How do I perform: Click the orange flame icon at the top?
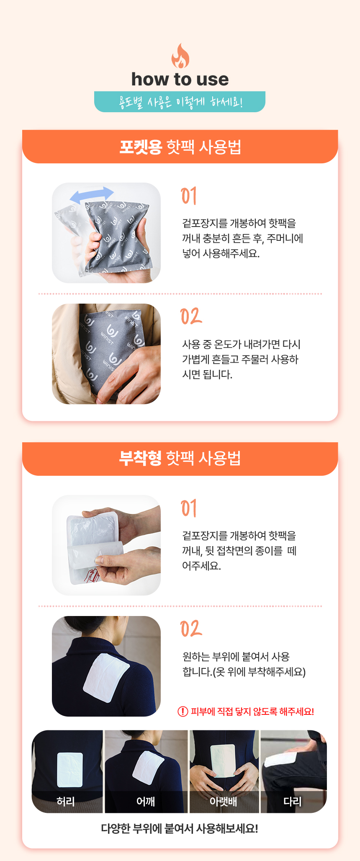[x=180, y=56]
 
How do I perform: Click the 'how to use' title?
[x=180, y=79]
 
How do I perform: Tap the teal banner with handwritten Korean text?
[x=180, y=102]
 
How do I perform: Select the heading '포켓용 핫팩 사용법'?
[x=180, y=147]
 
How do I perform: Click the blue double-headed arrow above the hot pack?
[x=92, y=194]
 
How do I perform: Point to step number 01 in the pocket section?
[x=189, y=196]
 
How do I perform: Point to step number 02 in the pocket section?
[x=191, y=317]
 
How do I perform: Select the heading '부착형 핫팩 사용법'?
[x=180, y=458]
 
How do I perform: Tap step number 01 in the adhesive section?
[x=189, y=508]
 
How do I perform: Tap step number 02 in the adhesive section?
[x=191, y=629]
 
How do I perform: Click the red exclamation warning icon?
[x=183, y=711]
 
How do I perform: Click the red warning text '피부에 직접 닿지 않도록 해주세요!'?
[x=252, y=711]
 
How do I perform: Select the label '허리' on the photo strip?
[x=66, y=801]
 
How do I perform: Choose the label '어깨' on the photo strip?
[x=146, y=801]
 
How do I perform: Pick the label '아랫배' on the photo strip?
[x=223, y=801]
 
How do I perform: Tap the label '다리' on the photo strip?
[x=293, y=801]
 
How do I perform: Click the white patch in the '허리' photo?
[x=70, y=770]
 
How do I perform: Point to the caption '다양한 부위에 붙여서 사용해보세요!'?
[x=180, y=828]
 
